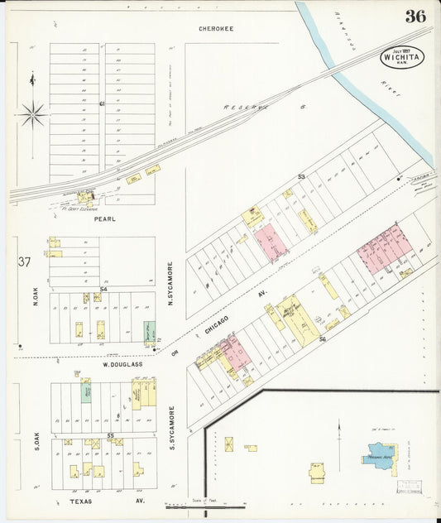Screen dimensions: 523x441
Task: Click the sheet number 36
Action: coord(415,16)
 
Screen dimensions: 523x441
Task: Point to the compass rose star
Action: coord(31,114)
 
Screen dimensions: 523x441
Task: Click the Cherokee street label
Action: coord(216,29)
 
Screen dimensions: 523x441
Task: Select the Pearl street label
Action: coord(104,219)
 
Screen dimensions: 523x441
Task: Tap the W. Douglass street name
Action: coord(122,364)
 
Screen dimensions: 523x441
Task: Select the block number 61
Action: coord(102,103)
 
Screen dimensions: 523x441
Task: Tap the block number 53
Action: coord(301,177)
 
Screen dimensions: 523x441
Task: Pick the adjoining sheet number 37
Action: coord(24,262)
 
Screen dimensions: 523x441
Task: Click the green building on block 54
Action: coord(149,332)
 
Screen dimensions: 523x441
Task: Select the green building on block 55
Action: coord(86,393)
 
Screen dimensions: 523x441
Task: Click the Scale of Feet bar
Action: coord(204,506)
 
